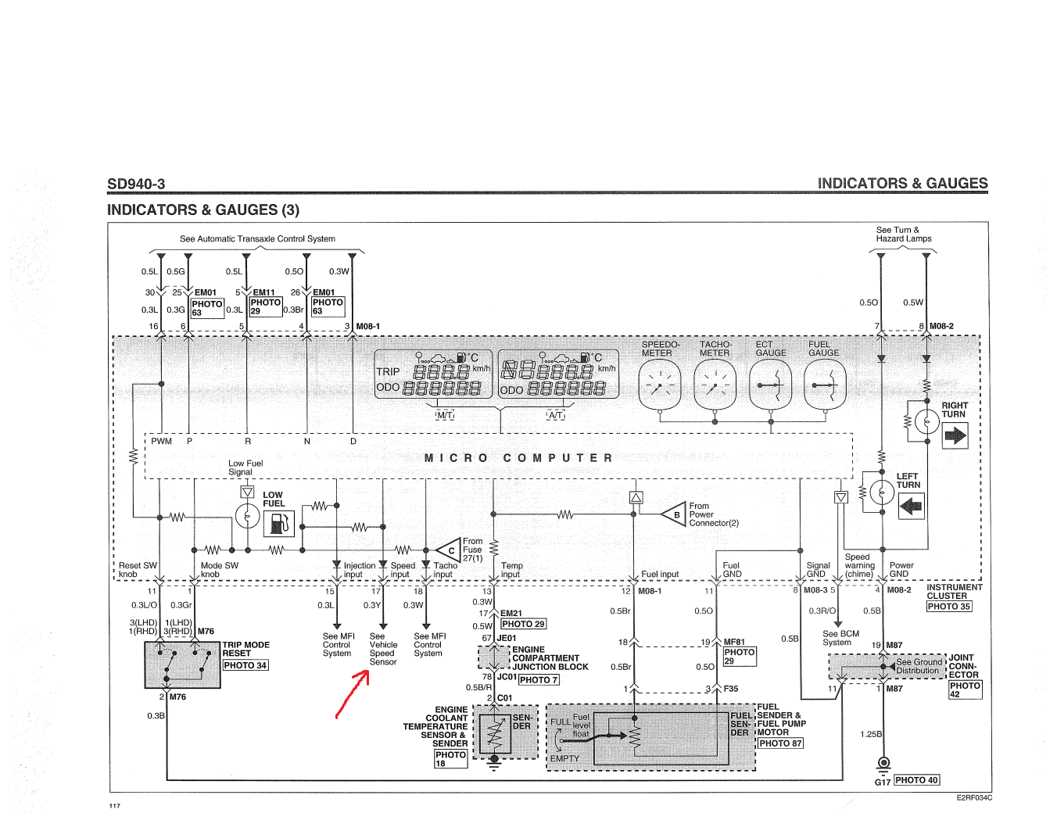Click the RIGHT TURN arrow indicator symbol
tap(955, 435)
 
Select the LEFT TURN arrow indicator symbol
tap(911, 506)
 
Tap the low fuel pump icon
tap(278, 523)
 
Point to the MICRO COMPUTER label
tap(518, 458)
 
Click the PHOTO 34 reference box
tap(245, 665)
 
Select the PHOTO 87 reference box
tap(780, 743)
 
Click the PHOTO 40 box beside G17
tap(916, 780)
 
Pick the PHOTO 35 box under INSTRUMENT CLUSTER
tap(949, 607)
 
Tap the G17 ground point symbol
tap(883, 763)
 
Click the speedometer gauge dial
tap(660, 386)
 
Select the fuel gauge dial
tap(825, 386)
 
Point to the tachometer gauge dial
tap(715, 386)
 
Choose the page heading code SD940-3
tap(136, 184)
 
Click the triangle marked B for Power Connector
tap(674, 514)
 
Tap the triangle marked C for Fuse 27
tap(450, 550)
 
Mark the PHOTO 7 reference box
tap(539, 680)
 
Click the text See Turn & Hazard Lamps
tap(904, 235)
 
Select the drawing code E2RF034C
tap(974, 798)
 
